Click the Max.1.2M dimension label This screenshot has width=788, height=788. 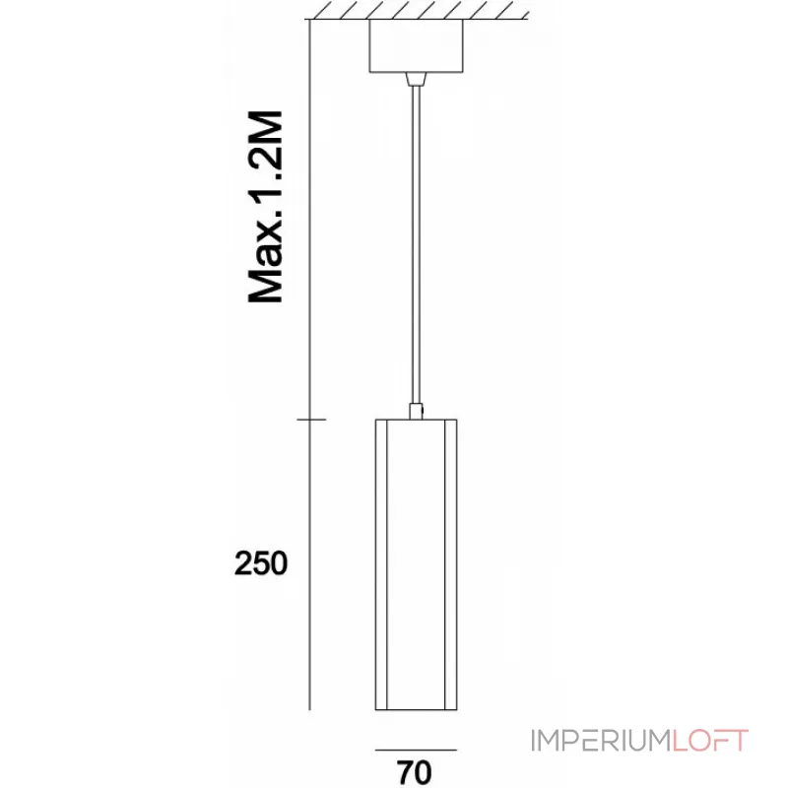pyautogui.click(x=266, y=206)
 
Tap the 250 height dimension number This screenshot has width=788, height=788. pyautogui.click(x=261, y=562)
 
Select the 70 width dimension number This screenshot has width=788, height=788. pyautogui.click(x=415, y=772)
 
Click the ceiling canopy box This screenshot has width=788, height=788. pyautogui.click(x=416, y=46)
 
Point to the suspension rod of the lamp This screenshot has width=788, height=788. pyautogui.click(x=416, y=244)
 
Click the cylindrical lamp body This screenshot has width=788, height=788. pyautogui.click(x=416, y=564)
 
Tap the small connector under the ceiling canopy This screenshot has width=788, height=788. pyautogui.click(x=416, y=79)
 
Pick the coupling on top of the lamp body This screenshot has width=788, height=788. pyautogui.click(x=416, y=411)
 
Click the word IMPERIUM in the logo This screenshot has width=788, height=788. pyautogui.click(x=601, y=741)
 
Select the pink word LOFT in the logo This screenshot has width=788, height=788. pyautogui.click(x=710, y=741)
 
